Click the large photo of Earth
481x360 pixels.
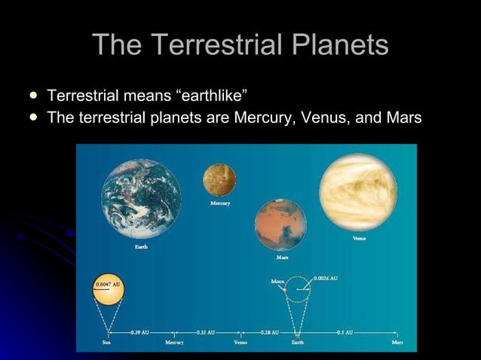[142, 198]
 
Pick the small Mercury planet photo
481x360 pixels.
[219, 179]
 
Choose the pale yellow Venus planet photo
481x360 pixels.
[358, 191]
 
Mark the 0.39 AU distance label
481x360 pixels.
[139, 331]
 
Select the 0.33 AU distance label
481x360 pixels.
[206, 331]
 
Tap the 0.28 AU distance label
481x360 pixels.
[270, 331]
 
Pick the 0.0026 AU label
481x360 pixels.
[326, 279]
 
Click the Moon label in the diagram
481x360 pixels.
[278, 282]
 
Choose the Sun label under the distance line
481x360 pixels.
[108, 343]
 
